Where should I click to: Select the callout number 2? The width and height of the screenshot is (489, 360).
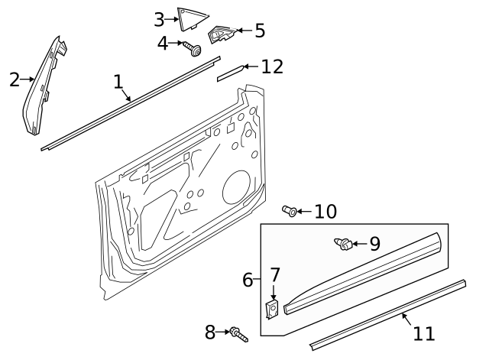pos(15,79)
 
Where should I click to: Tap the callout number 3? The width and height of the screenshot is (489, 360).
pos(159,19)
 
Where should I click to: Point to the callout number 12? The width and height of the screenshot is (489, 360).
pos(271,66)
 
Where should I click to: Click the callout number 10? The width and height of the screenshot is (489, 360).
pos(325,211)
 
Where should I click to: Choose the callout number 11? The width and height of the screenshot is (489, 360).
pos(423,333)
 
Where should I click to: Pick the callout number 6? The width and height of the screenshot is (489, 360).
pos(248,280)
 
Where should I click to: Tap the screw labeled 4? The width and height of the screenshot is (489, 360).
pos(193,50)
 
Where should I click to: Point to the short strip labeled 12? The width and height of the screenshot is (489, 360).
pos(230,73)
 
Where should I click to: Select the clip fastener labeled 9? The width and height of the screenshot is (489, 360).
pos(345,245)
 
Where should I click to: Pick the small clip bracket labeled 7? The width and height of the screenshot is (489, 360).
pos(271,309)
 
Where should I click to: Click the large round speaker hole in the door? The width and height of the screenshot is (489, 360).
pos(236,188)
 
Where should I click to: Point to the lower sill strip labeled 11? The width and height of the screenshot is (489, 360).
pos(390,313)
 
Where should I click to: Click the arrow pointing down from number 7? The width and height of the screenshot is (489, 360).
pos(274,292)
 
